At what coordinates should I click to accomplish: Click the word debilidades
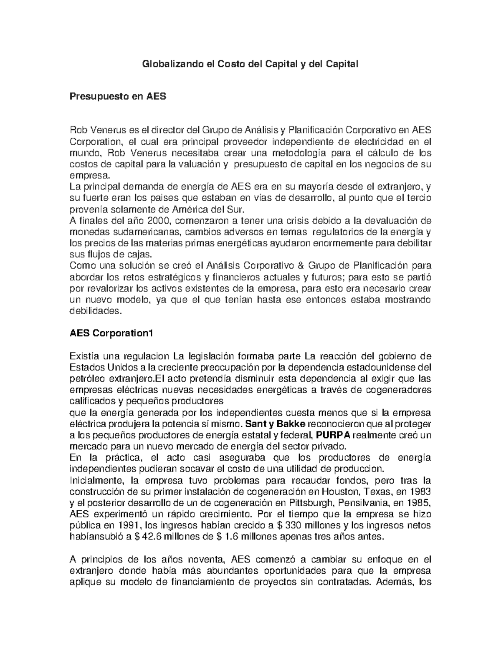point(96,311)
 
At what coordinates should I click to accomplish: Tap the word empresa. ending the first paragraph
point(85,175)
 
